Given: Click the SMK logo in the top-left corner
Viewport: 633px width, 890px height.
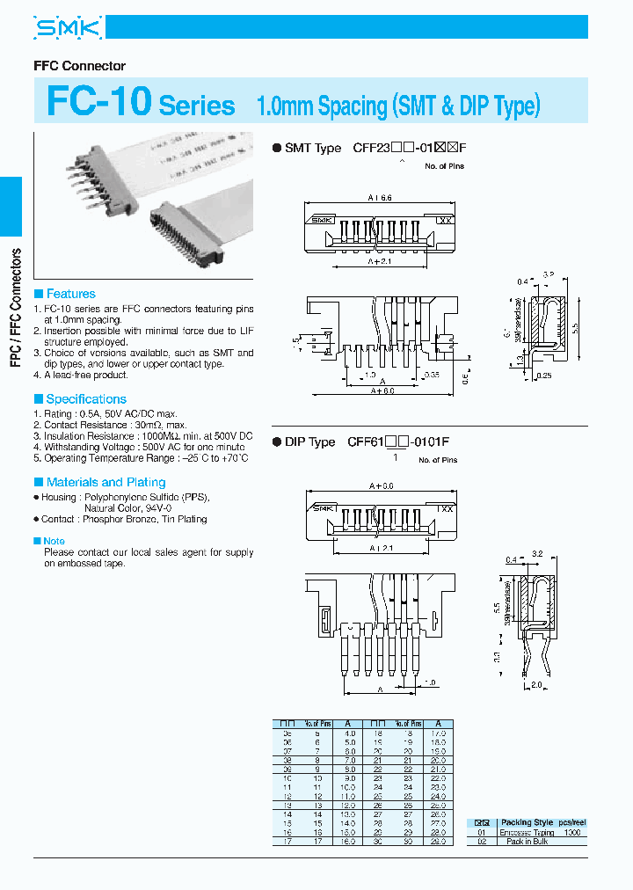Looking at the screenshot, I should (x=69, y=29).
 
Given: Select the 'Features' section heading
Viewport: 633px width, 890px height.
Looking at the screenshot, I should (x=70, y=294).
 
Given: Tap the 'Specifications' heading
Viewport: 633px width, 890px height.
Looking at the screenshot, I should (x=86, y=398).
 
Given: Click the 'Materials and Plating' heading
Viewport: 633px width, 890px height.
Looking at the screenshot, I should (x=105, y=482).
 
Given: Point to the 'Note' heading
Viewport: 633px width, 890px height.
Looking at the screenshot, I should (x=54, y=541).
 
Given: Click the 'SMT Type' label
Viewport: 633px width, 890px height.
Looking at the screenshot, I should (x=312, y=148).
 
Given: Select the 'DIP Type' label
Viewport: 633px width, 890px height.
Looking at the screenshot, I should (x=309, y=441).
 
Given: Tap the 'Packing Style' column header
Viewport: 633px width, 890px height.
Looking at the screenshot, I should (x=527, y=822).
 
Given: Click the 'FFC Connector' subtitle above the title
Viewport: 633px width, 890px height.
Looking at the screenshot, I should (x=79, y=66).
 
